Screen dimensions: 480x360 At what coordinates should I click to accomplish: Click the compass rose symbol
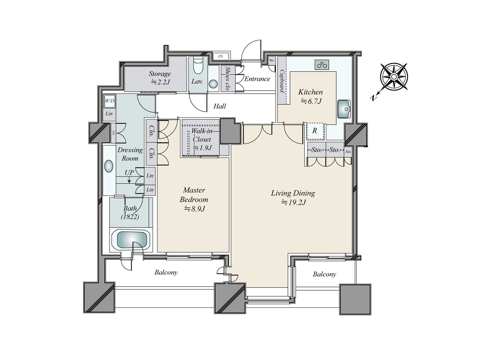click(x=394, y=77)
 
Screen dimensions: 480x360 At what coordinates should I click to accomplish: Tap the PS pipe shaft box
click(x=220, y=56)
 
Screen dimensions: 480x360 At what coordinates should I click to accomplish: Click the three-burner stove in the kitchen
click(x=322, y=65)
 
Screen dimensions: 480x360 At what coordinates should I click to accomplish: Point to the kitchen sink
click(x=344, y=109)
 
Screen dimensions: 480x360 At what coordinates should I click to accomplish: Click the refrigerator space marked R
click(x=315, y=131)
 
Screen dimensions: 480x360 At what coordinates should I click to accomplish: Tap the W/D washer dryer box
click(x=109, y=101)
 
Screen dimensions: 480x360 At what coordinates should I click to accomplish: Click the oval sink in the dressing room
click(x=109, y=166)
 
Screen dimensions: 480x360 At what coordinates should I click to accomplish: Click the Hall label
click(x=220, y=106)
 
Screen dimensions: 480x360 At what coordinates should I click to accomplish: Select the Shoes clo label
click(x=227, y=79)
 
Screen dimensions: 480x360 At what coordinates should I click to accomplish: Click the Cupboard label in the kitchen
click(x=282, y=81)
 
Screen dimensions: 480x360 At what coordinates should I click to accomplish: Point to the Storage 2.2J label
click(x=160, y=78)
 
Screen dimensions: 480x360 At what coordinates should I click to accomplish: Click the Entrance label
click(x=257, y=79)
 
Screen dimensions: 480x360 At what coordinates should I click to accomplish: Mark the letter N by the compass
click(x=373, y=98)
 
